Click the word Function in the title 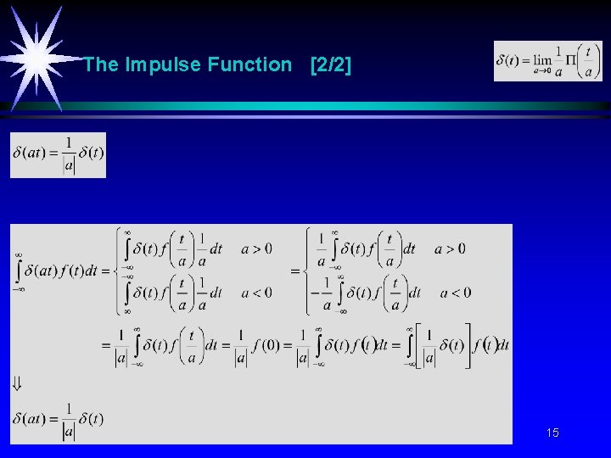click(249, 64)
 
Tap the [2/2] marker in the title click(331, 64)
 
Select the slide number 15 click(552, 433)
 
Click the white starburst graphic click(37, 56)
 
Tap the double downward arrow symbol click(17, 383)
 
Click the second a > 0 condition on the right click(450, 249)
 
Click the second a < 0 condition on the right click(456, 293)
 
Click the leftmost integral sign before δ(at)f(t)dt click(18, 271)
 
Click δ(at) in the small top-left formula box click(31, 153)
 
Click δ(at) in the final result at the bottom click(31, 418)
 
